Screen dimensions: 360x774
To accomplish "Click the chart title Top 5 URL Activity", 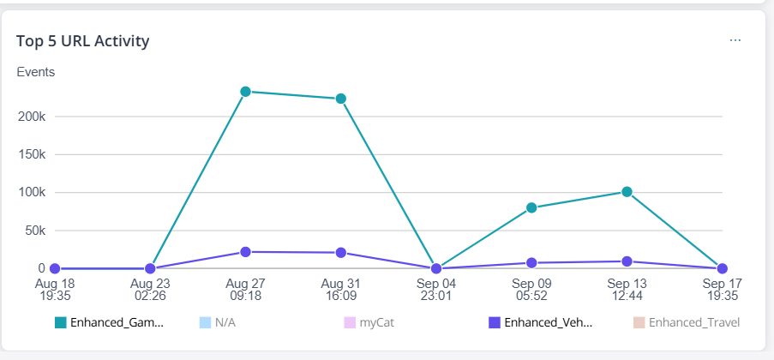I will click(83, 40).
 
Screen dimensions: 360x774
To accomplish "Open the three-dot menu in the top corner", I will click(735, 40).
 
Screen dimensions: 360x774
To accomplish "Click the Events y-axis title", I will click(36, 72).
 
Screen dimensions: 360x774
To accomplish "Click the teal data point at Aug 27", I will click(246, 91).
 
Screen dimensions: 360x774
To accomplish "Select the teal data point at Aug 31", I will click(340, 99).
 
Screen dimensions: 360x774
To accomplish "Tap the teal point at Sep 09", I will click(531, 207).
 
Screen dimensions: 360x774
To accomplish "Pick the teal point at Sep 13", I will click(627, 192).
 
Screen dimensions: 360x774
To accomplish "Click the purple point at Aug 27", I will click(246, 252).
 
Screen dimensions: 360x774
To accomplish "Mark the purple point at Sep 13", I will click(627, 261).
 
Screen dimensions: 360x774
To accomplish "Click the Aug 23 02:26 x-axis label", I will click(151, 289).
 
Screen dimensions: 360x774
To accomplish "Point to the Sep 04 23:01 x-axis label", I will click(436, 289).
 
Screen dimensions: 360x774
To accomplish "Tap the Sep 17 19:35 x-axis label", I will click(722, 289).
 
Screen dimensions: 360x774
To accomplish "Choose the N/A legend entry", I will click(225, 323).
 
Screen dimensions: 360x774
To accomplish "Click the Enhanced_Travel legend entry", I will click(693, 323).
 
